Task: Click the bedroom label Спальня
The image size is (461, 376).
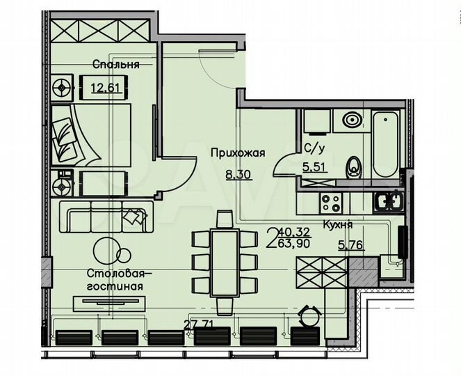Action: click(116, 64)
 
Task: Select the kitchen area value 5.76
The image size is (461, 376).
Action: click(350, 244)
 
